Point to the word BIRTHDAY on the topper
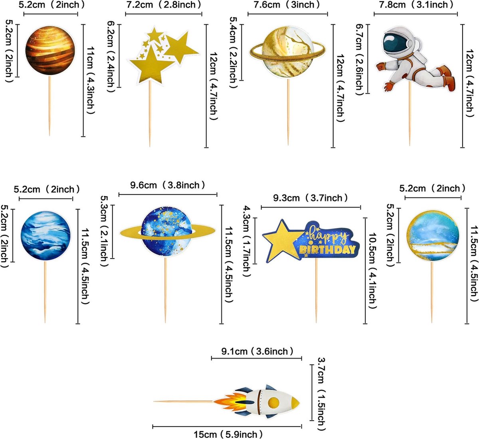328,250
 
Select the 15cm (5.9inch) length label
228,434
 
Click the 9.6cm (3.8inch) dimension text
167,185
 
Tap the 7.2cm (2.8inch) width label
164,5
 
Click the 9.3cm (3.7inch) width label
310,198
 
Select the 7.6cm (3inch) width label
287,5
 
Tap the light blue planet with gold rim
433,235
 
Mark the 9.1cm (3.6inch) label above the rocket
257,351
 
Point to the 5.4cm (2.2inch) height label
233,53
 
